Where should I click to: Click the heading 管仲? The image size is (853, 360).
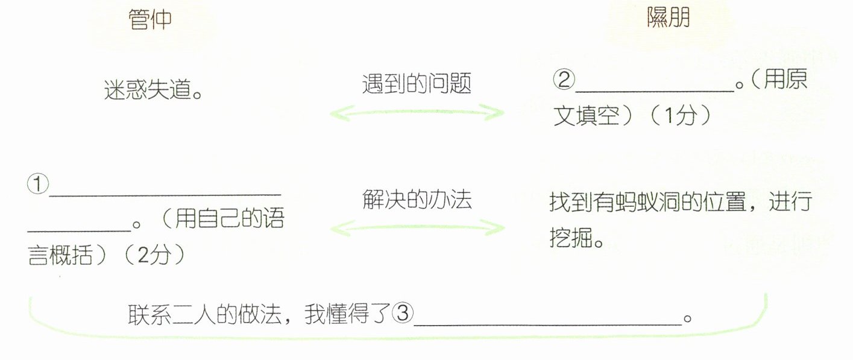coord(150,21)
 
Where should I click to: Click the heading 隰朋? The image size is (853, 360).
coord(667,19)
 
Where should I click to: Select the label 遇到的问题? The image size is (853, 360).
coord(417,84)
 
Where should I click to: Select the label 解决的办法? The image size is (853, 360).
coord(417,200)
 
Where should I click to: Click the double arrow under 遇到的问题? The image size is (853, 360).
coord(417,112)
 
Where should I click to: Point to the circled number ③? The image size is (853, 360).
coord(403,314)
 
